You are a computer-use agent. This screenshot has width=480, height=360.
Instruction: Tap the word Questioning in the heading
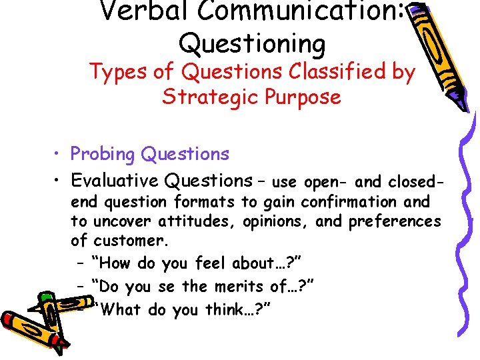click(252, 44)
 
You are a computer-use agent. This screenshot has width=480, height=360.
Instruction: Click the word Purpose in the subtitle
click(302, 98)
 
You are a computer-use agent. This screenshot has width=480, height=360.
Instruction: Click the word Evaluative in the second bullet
click(114, 181)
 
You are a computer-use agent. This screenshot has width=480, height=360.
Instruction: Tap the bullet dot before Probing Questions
click(59, 155)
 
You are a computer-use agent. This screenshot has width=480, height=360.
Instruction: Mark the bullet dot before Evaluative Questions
click(59, 181)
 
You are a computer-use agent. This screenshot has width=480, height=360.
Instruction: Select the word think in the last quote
click(218, 310)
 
